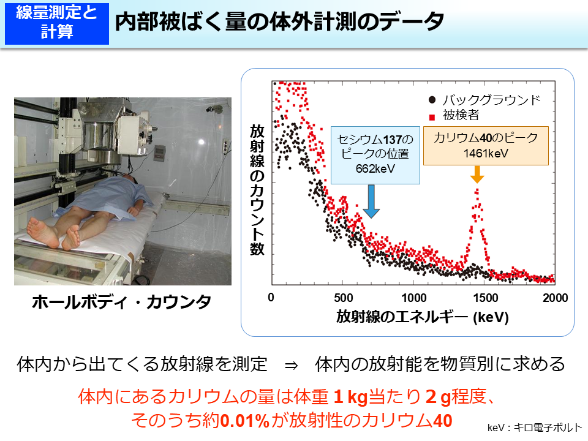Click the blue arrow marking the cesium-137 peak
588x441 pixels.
[x=370, y=202]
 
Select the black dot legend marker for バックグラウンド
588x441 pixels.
[x=432, y=100]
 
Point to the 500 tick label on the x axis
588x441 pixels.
[x=344, y=298]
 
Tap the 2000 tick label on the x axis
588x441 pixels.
[x=555, y=298]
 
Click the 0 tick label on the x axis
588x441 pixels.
[x=271, y=298]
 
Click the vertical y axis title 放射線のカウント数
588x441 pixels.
[x=256, y=190]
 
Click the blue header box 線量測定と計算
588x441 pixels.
[x=56, y=23]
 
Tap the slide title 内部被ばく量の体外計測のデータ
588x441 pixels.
[x=279, y=23]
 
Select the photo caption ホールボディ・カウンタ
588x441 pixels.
[x=121, y=302]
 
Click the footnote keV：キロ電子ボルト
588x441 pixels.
[x=535, y=428]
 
